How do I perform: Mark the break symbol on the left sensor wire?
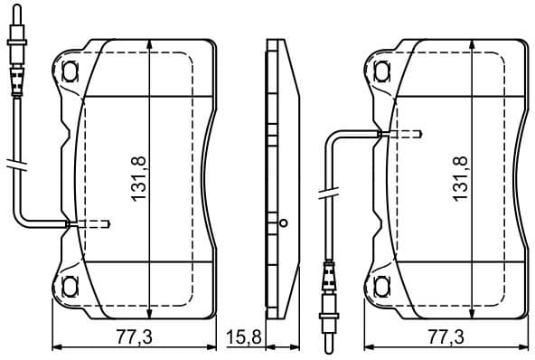[14, 165]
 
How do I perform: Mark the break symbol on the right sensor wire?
[328, 192]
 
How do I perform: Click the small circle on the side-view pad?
[282, 223]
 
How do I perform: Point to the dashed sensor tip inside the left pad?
[96, 223]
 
